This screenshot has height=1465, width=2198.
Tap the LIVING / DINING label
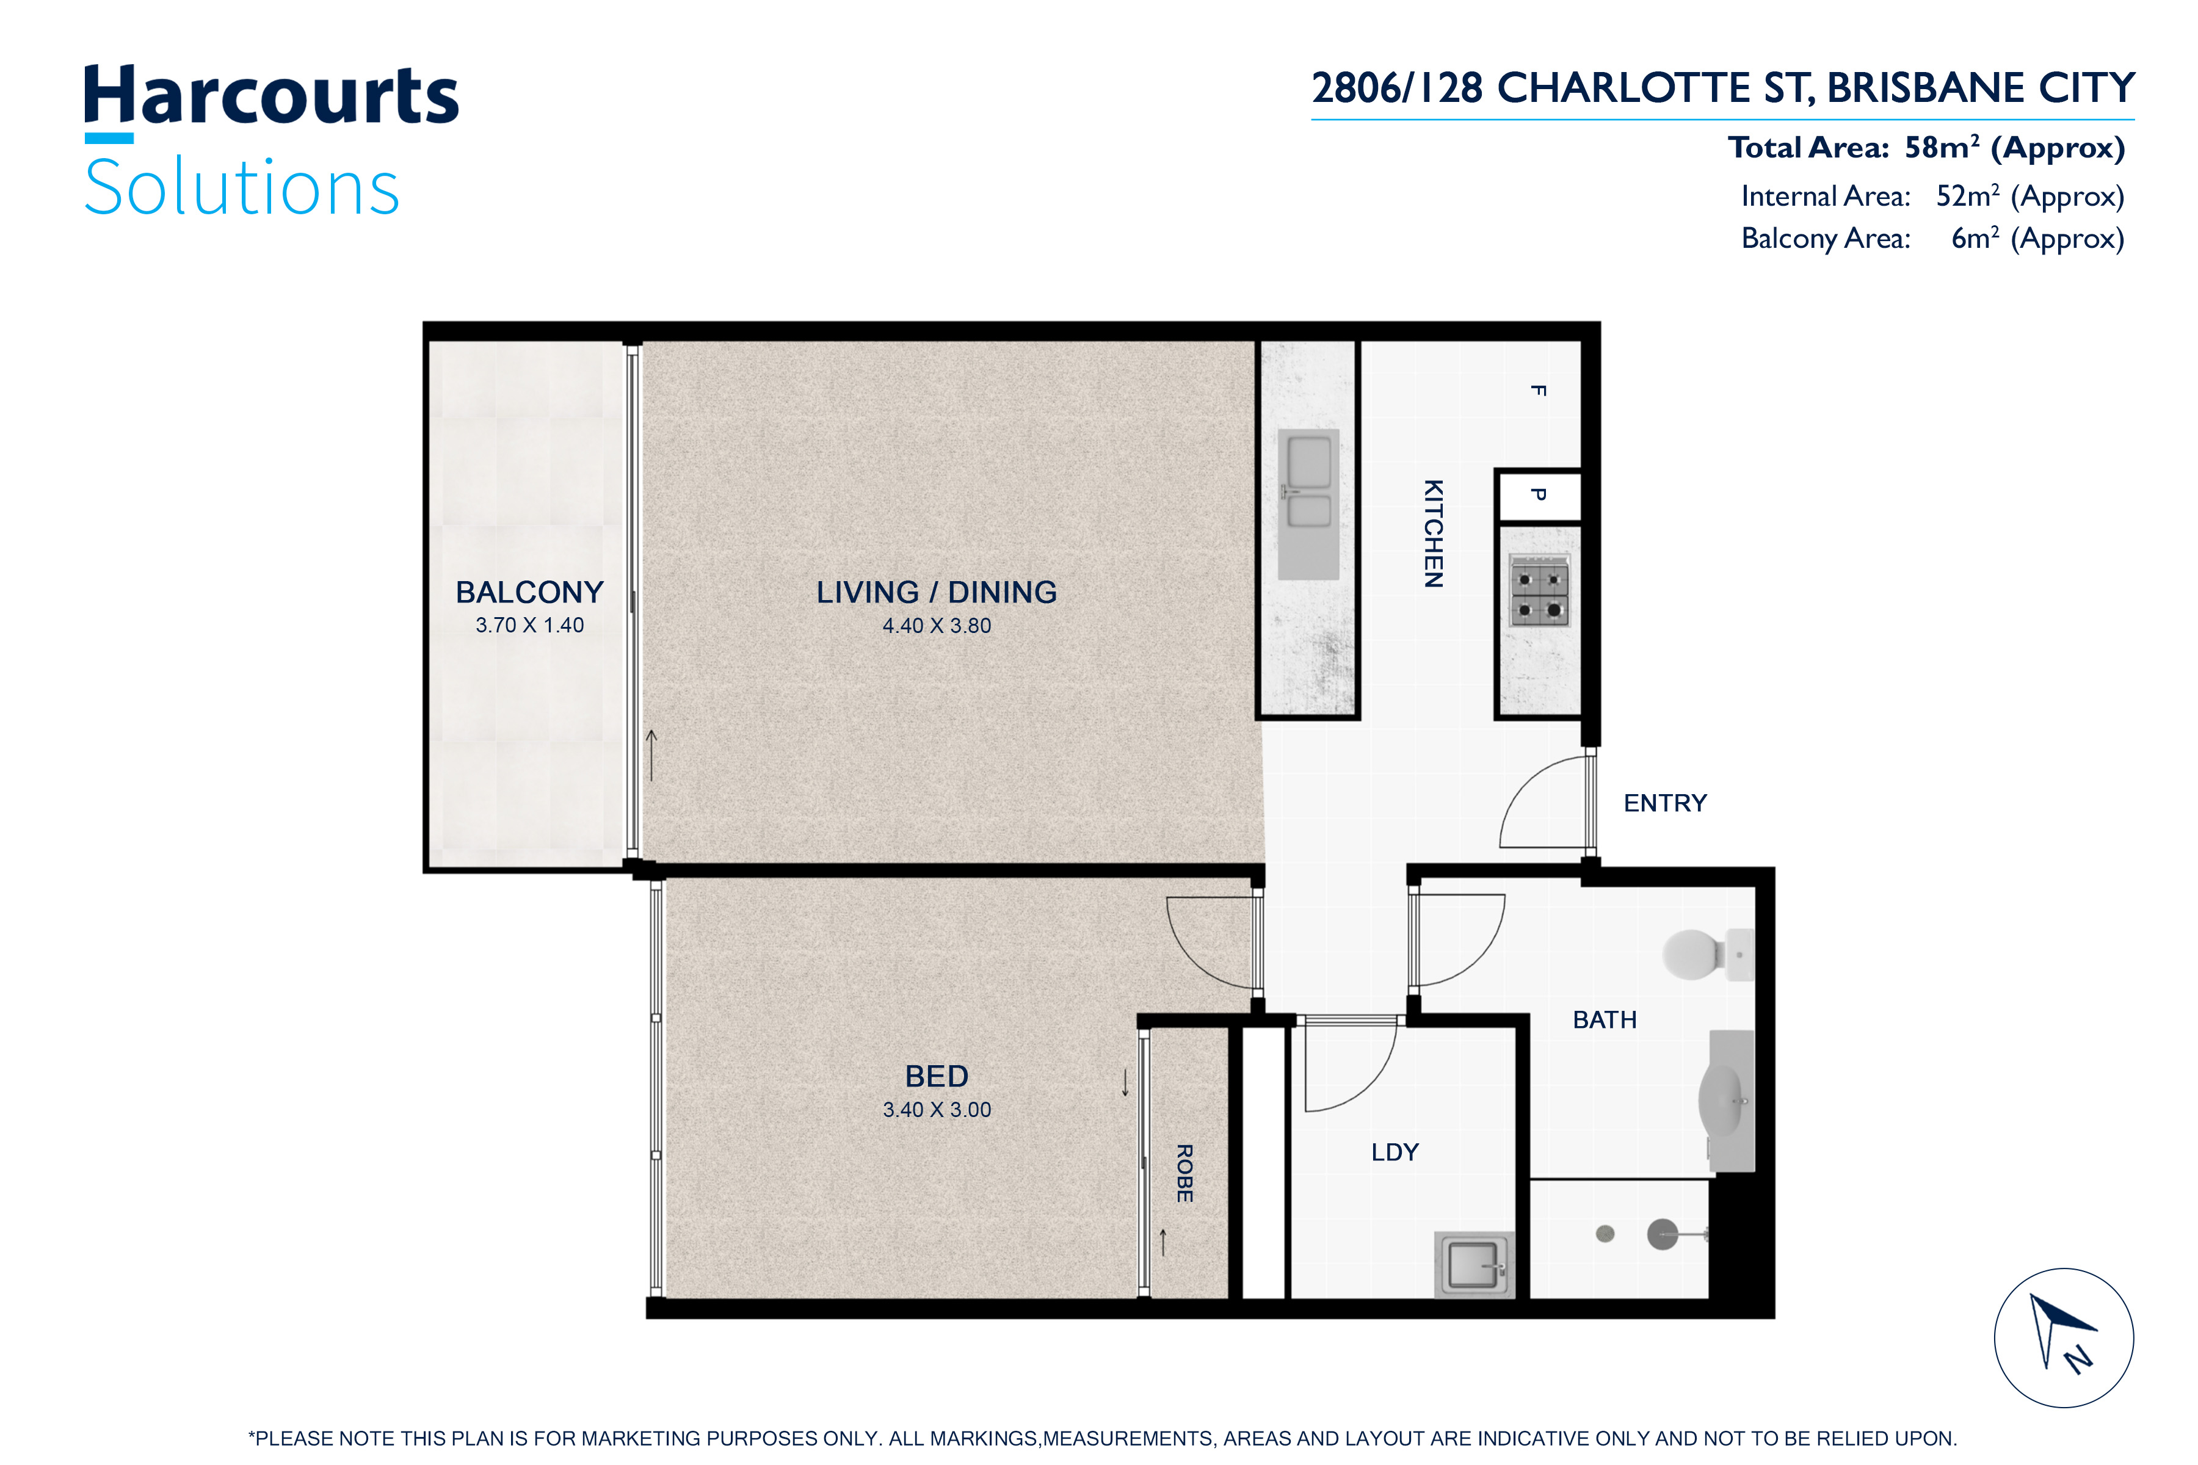tap(937, 592)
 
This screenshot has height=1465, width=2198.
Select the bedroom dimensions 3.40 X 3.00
tap(937, 1110)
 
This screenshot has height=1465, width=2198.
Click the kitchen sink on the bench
tap(1308, 505)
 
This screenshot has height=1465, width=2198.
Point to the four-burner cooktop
tap(1539, 590)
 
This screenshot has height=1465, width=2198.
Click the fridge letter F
tap(1538, 391)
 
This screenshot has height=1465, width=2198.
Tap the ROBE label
tap(1184, 1173)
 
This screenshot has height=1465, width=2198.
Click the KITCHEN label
tap(1432, 534)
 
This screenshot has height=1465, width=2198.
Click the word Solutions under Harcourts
tap(242, 187)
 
